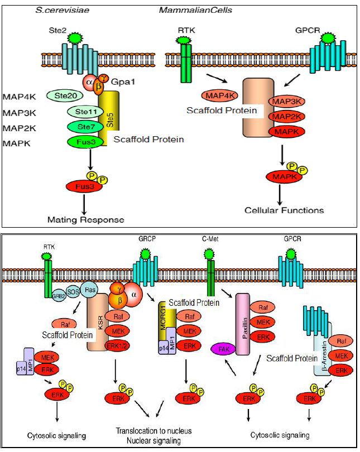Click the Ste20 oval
65,95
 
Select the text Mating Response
85,219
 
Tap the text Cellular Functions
284,210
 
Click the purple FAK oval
223,349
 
